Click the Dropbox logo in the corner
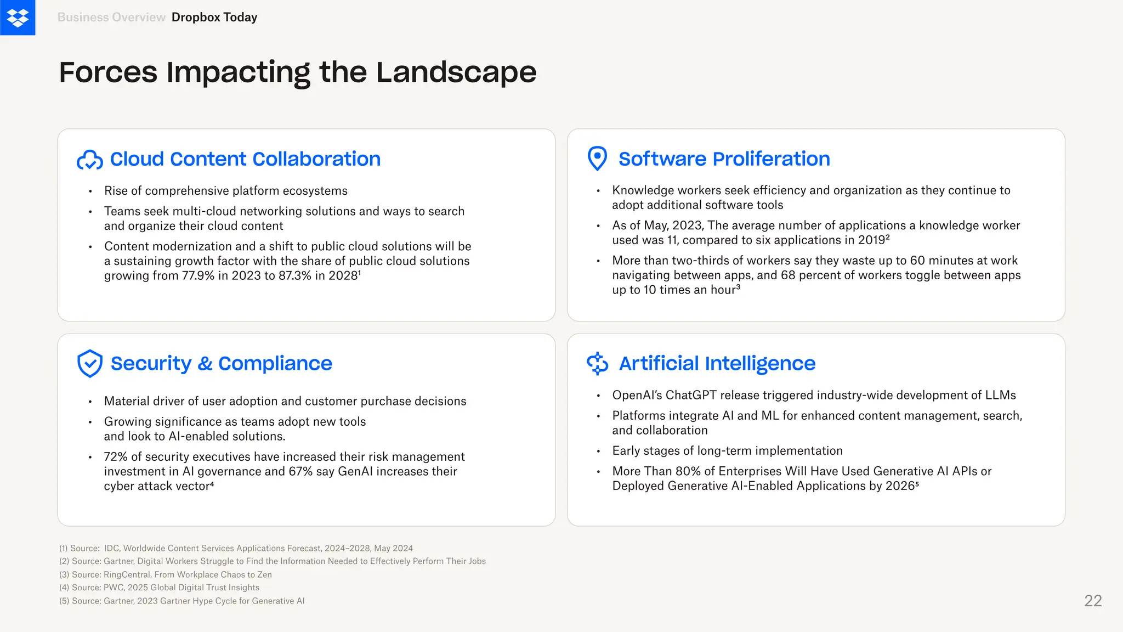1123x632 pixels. [x=18, y=18]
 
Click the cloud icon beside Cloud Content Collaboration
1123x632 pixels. [x=90, y=160]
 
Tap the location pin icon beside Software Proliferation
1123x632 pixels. [x=597, y=159]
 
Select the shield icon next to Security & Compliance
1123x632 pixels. [x=90, y=363]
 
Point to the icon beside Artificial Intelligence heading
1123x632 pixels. [x=597, y=363]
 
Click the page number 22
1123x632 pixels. [x=1093, y=601]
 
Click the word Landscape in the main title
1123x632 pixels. [x=456, y=72]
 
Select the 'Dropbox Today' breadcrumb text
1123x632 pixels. [x=214, y=18]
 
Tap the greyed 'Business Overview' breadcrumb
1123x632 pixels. [x=111, y=18]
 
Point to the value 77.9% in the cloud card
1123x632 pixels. [x=198, y=276]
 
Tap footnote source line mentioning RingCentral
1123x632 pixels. [x=166, y=574]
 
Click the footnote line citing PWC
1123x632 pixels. [x=159, y=588]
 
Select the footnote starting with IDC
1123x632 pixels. [x=236, y=548]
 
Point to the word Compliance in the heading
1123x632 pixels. [x=275, y=364]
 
